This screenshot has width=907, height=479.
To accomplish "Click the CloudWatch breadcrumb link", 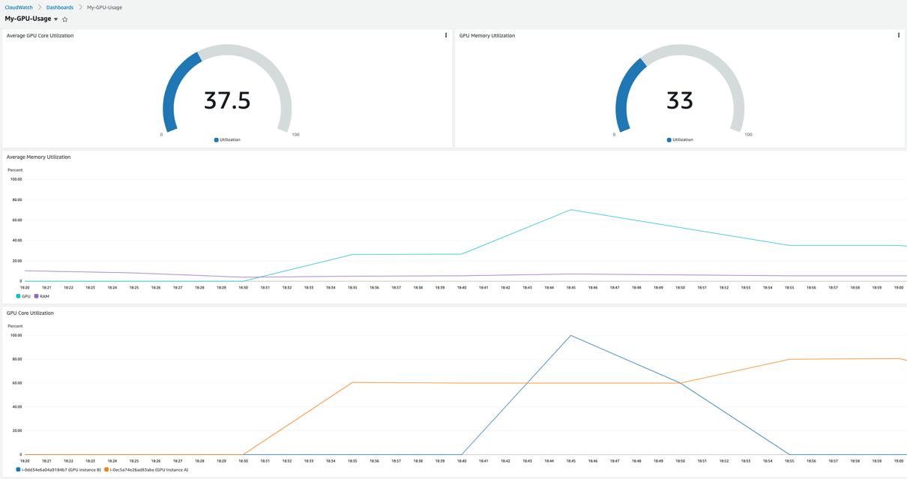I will click(19, 7).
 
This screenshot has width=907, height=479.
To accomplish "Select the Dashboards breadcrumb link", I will click(60, 7).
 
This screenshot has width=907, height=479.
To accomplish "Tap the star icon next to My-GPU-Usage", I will click(65, 19).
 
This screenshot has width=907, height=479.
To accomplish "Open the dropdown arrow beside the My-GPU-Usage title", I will click(56, 19).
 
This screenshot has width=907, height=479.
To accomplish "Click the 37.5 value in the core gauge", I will click(227, 100).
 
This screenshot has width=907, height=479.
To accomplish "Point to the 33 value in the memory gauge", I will click(680, 100).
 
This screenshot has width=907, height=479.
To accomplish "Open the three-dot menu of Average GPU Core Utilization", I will click(446, 35).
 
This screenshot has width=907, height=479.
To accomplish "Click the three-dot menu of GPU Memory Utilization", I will click(899, 35).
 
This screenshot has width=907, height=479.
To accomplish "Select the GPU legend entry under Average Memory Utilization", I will click(24, 296).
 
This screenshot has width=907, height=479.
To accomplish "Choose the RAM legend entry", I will click(42, 296).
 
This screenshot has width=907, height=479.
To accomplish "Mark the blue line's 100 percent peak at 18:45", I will click(571, 336).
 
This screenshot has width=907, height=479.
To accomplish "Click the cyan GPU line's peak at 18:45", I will click(571, 210).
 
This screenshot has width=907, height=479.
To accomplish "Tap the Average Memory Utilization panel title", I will click(39, 157).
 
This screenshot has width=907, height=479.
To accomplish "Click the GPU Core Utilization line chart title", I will click(31, 313).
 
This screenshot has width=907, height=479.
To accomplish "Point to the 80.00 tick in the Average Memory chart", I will click(15, 200).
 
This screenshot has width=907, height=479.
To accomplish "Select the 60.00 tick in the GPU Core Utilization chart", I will click(15, 383).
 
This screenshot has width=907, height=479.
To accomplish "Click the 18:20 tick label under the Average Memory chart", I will click(25, 287).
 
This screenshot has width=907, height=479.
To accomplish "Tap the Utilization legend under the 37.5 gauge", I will click(228, 140).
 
